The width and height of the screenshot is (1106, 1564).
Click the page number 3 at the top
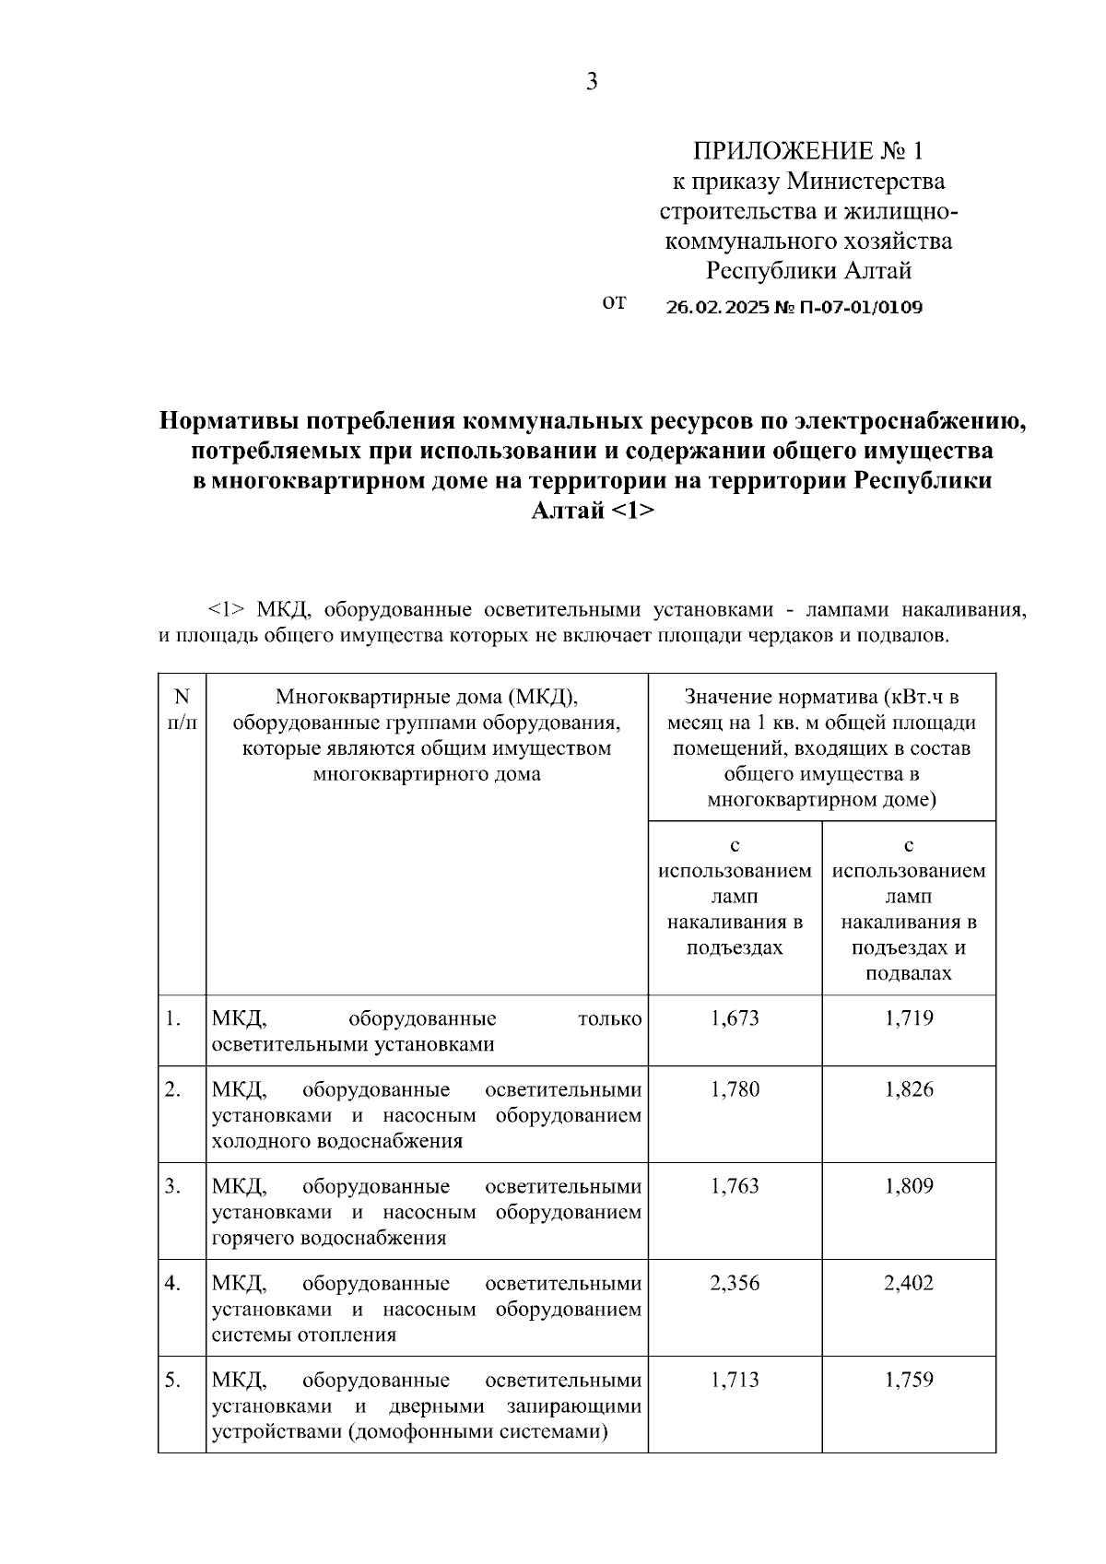coord(592,83)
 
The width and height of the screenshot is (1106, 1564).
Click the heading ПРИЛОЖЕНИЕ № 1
coord(807,151)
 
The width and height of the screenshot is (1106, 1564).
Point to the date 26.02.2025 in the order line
coord(717,308)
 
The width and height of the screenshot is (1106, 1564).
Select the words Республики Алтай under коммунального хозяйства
coord(808,272)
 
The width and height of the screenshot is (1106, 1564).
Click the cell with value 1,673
coord(735,1018)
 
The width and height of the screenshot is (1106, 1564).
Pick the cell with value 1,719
coord(909,1018)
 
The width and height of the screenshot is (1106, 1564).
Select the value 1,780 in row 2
coord(735,1090)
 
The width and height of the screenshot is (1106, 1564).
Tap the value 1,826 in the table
coord(909,1090)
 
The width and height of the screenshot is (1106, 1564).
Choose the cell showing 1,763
coord(735,1187)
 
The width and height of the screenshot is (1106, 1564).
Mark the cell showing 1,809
coord(909,1187)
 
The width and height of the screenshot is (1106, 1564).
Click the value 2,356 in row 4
coord(735,1284)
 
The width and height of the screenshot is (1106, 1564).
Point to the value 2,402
coord(909,1284)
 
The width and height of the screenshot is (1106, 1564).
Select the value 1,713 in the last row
coord(735,1381)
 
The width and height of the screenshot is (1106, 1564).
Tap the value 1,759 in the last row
coord(909,1381)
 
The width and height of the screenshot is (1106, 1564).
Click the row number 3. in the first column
coord(172,1187)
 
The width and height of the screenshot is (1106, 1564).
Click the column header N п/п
coord(182,710)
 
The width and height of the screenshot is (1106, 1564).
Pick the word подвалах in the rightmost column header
coord(909,974)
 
